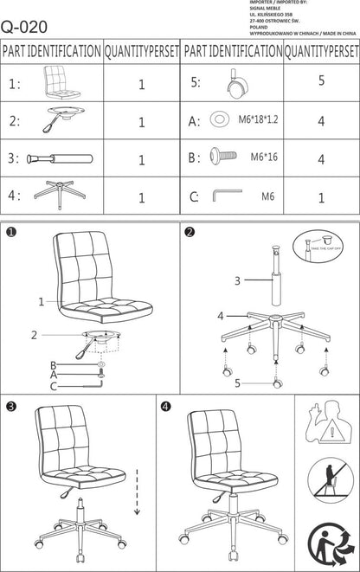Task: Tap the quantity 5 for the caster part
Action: pyautogui.click(x=320, y=81)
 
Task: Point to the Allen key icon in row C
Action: pyautogui.click(x=228, y=196)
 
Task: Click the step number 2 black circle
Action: pyautogui.click(x=190, y=231)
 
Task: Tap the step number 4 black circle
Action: pyautogui.click(x=165, y=405)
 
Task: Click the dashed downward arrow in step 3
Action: pyautogui.click(x=136, y=491)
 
